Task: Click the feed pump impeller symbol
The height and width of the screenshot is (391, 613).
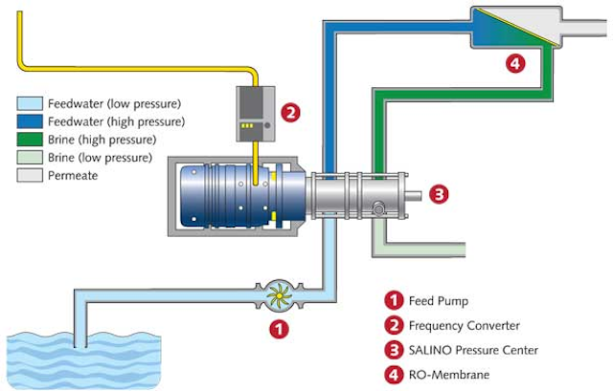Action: (x=279, y=295)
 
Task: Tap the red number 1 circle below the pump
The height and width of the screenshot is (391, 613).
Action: (x=279, y=330)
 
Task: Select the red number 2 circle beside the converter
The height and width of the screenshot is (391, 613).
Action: (x=290, y=113)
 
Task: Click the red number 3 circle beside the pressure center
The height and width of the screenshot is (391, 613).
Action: (x=439, y=194)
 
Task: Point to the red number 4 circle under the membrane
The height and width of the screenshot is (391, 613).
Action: (x=515, y=63)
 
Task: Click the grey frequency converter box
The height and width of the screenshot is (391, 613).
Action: (x=256, y=114)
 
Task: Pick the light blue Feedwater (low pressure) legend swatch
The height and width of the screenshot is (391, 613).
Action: (x=30, y=103)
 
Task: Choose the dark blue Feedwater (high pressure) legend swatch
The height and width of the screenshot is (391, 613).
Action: (x=30, y=121)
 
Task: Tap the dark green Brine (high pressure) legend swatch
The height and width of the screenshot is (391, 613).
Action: (x=30, y=140)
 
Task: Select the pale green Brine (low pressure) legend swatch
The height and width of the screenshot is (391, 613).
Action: (x=30, y=157)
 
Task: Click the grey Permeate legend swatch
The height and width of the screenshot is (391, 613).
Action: (x=30, y=175)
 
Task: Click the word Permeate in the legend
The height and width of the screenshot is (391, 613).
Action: (x=73, y=176)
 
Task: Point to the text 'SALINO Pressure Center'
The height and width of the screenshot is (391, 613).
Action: (x=473, y=350)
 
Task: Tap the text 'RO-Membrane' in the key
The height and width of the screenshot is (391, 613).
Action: (x=449, y=375)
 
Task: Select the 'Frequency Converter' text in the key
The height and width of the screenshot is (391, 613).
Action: (x=465, y=325)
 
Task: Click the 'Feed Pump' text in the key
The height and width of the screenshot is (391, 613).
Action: (x=439, y=301)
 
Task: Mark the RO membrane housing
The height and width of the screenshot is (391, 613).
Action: (x=516, y=28)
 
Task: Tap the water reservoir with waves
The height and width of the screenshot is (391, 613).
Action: (x=83, y=360)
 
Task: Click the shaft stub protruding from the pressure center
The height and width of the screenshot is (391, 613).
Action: (x=414, y=195)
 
